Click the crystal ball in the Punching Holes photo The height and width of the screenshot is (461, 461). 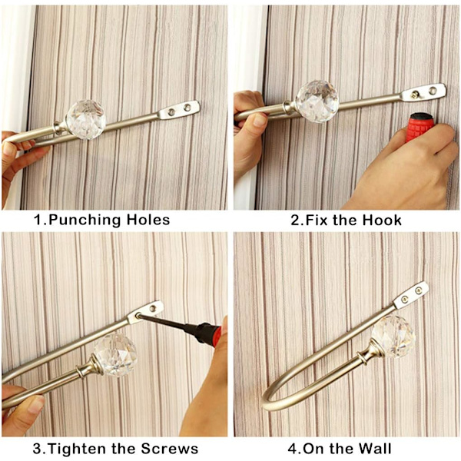point(85,119)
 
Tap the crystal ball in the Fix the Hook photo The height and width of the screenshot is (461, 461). point(317,101)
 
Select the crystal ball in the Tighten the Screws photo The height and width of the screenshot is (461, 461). point(115,354)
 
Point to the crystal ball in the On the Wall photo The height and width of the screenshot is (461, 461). point(393,337)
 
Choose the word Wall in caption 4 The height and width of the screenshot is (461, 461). point(373,449)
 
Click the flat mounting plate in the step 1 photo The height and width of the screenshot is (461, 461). point(179,110)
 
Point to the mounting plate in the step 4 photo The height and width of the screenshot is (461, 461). point(410,295)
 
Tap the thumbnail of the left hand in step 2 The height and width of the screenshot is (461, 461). point(260,121)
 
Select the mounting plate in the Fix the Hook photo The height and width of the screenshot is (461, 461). point(424,93)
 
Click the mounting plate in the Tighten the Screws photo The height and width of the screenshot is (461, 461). point(145,312)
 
